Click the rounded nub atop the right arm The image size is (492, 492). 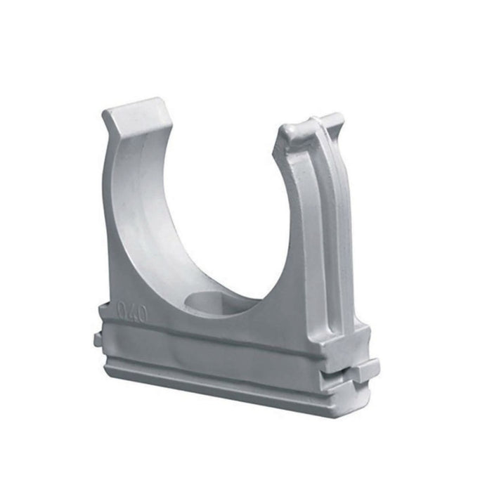tap(291, 131)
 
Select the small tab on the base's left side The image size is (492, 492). tap(97, 340)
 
